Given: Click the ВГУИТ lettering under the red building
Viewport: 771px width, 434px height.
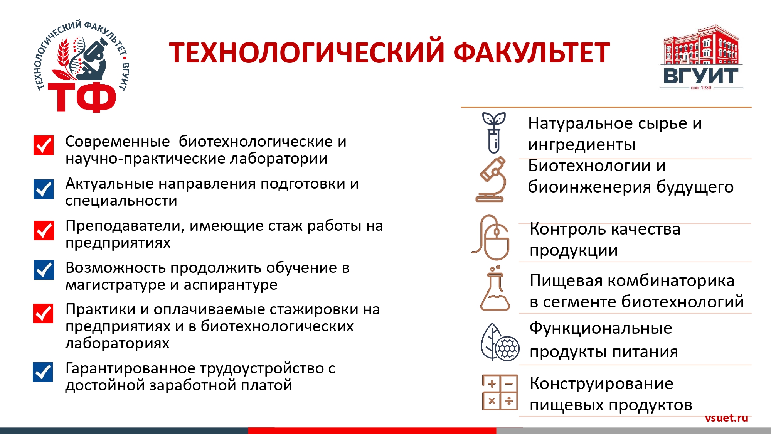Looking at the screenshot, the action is [x=701, y=76].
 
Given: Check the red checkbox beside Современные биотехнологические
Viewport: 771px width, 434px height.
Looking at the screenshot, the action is [x=44, y=145].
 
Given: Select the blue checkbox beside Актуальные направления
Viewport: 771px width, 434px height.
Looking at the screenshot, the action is [x=44, y=189].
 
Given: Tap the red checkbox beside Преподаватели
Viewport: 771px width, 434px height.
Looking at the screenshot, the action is [x=44, y=230].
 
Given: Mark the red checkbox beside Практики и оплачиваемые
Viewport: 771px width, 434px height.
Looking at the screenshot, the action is [x=43, y=313].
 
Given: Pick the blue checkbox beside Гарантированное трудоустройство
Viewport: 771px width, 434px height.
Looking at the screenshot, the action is [x=43, y=372].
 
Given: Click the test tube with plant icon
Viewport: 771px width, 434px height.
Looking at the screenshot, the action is [x=494, y=133].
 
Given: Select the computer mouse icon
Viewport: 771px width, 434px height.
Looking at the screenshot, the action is [x=491, y=237].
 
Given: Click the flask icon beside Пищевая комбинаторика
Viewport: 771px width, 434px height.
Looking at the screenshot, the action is [x=495, y=288].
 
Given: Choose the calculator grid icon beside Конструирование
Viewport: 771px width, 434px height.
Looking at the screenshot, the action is [x=500, y=392].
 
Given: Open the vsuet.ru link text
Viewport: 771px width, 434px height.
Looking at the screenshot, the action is [x=726, y=418].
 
